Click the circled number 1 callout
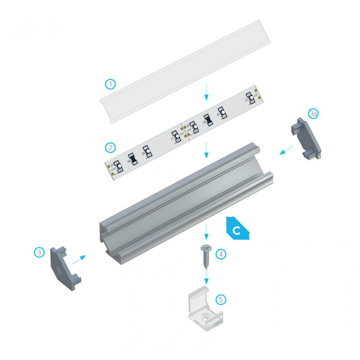111,84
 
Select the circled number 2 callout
110,147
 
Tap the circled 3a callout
314,114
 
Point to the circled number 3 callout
40,252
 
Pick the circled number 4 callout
220,254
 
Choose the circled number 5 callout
220,299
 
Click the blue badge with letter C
237,230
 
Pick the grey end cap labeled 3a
307,138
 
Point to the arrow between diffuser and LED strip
207,92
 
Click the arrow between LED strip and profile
207,150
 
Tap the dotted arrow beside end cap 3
79,259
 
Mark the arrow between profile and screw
207,232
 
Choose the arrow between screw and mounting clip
207,276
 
